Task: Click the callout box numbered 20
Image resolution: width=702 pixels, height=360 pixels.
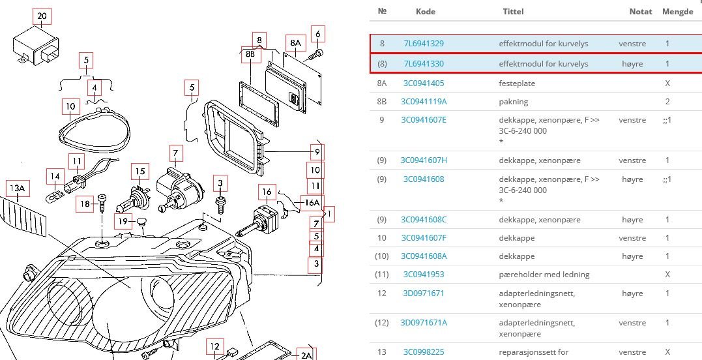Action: point(42,16)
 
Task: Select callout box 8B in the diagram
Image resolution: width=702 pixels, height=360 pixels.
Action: point(250,55)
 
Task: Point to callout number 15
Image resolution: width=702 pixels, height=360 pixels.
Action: point(139,172)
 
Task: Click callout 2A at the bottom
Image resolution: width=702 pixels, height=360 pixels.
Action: point(306,355)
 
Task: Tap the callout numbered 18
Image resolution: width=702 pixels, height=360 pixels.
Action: point(85,204)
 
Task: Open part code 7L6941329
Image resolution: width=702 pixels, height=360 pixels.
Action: point(424,44)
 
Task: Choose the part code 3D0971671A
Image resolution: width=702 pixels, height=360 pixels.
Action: point(424,323)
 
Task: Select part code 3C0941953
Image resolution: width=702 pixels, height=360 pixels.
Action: point(424,275)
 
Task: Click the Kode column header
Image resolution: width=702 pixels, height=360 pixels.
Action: point(426,11)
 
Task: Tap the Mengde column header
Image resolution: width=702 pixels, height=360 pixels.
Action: point(677,11)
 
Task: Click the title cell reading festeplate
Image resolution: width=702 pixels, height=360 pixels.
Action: point(518,83)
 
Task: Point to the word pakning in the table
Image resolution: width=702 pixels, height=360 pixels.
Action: point(514,102)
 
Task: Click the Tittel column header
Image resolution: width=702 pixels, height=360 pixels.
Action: point(513,11)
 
